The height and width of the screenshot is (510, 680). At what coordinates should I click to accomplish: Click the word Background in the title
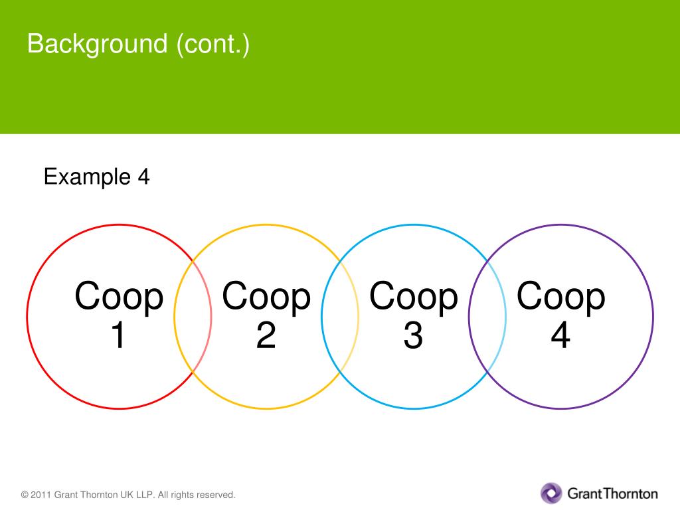98,45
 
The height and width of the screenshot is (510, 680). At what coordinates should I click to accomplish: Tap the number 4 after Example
143,177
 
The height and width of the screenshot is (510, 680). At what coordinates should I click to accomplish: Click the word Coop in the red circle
119,297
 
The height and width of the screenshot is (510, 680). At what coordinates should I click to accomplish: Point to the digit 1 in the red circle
118,336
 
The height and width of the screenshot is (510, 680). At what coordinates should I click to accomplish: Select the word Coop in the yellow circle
266,297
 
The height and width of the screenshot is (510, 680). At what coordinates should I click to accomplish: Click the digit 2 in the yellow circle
266,336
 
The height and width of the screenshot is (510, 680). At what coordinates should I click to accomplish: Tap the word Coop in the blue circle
414,297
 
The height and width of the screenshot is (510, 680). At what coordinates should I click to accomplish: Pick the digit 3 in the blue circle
413,336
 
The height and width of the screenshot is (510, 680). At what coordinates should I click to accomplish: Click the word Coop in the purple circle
561,297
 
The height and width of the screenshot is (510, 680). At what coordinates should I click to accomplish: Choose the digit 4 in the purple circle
560,336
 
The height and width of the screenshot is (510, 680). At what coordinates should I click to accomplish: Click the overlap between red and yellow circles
193,317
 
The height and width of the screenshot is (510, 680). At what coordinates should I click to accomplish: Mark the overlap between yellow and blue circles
340,317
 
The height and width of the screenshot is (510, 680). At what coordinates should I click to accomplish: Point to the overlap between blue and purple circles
487,317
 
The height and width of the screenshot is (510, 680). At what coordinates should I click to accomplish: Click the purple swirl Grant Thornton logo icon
551,493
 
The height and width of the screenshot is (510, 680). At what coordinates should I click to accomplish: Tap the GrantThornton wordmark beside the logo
612,493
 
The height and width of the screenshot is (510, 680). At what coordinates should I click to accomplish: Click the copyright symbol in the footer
25,495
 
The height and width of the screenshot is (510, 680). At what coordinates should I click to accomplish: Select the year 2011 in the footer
41,495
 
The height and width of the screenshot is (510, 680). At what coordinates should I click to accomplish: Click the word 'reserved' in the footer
216,495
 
